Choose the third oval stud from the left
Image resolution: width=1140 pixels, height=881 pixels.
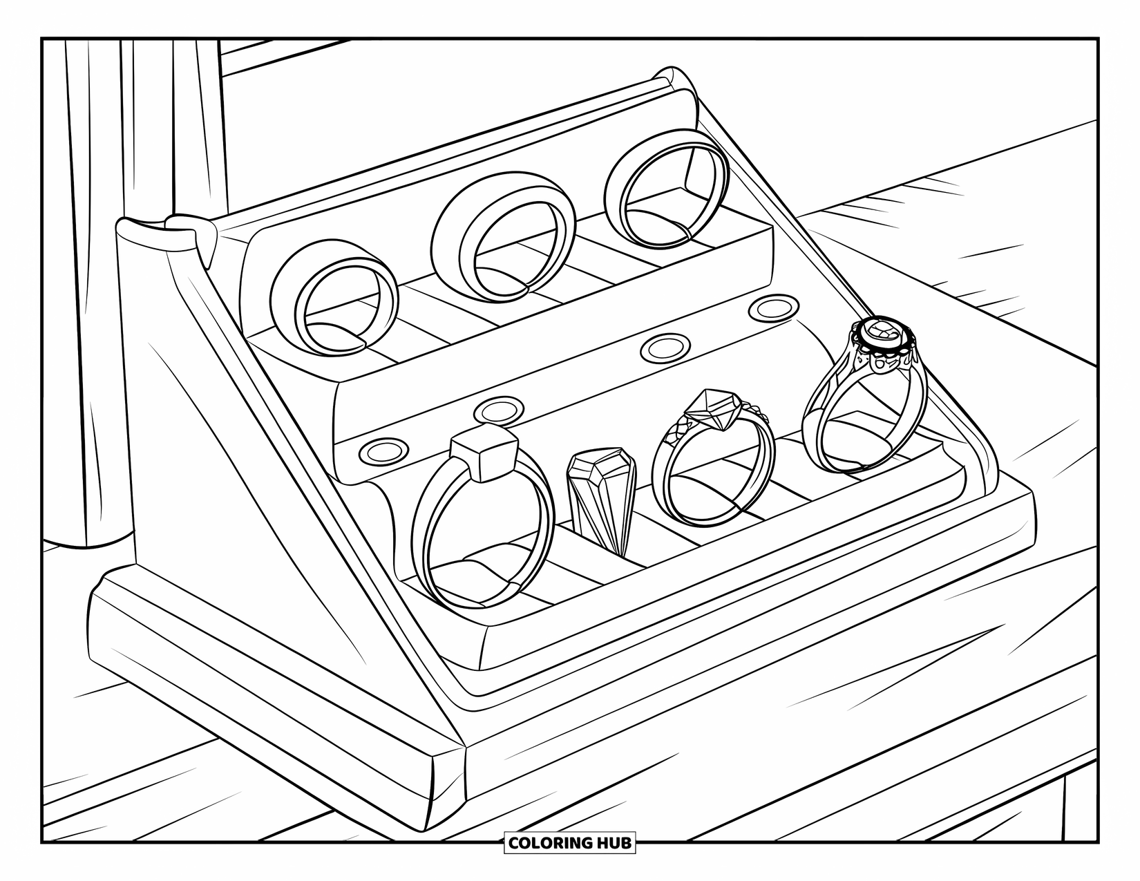[664, 348]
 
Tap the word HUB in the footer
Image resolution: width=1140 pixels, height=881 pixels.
[613, 842]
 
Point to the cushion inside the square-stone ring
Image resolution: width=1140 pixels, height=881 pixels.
[477, 570]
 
